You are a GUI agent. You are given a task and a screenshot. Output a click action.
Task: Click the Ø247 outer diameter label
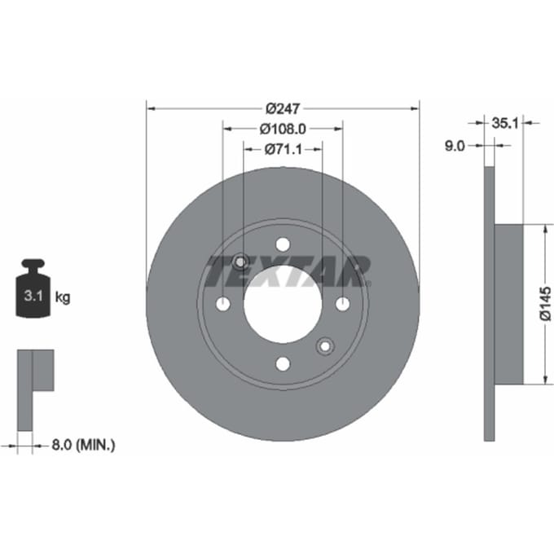283,108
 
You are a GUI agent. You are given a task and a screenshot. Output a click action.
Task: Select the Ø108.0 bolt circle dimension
283,129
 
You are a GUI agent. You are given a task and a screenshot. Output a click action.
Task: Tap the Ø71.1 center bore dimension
284,149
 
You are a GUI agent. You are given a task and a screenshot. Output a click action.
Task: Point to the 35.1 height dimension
504,123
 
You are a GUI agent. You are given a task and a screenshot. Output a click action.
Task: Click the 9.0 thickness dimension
455,146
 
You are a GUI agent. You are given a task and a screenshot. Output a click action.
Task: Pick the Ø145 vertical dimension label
545,304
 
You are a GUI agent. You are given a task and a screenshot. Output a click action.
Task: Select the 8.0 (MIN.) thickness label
83,445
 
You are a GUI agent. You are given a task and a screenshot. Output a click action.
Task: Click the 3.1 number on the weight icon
33,296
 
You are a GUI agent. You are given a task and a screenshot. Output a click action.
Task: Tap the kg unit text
63,297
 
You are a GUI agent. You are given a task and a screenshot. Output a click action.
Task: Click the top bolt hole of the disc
283,244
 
